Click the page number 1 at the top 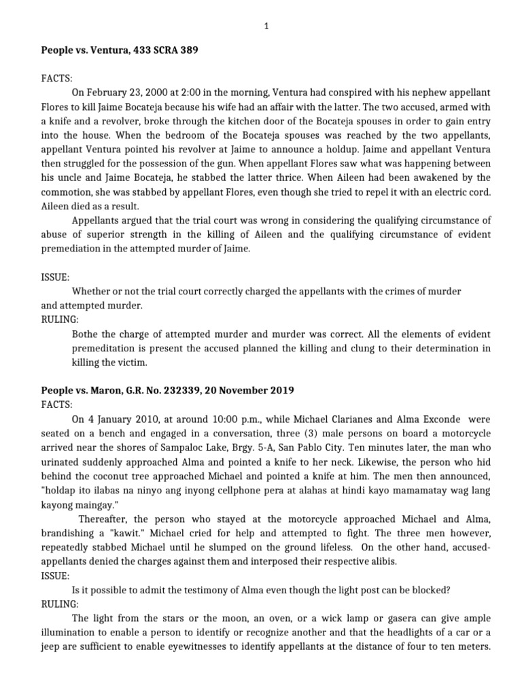(266, 26)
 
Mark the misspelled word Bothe (84, 336)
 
